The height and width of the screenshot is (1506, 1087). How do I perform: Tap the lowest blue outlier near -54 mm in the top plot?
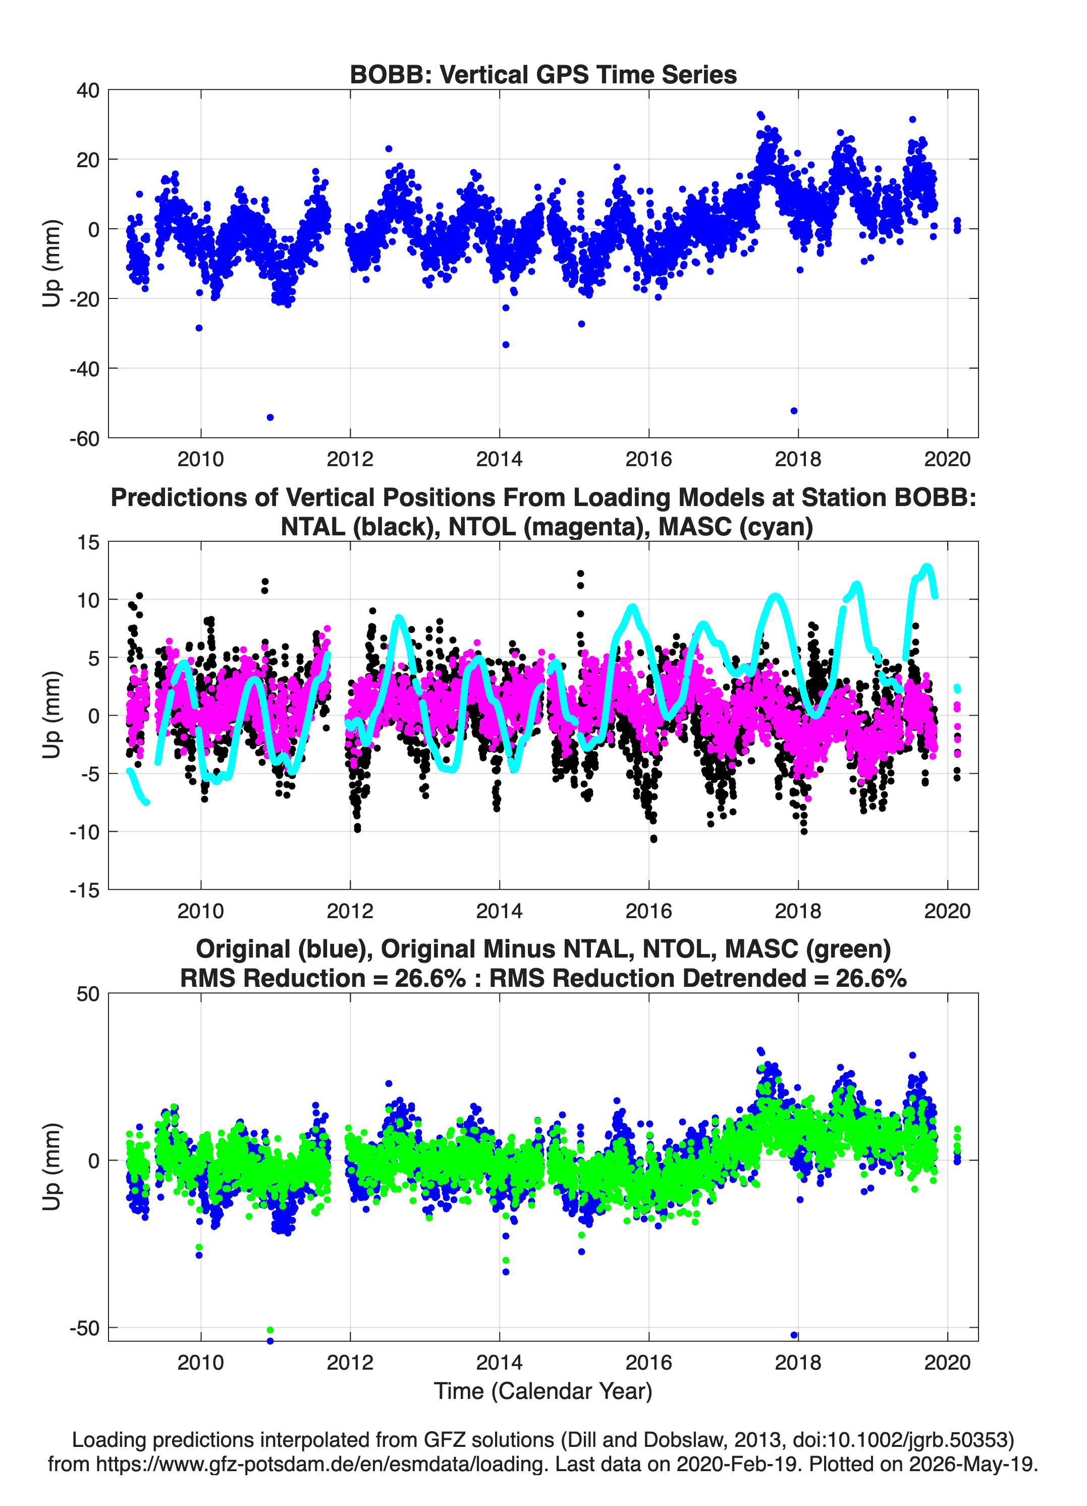[270, 417]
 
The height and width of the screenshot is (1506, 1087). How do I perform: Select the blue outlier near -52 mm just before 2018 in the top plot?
[794, 411]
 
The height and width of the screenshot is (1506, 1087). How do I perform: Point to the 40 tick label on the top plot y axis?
[88, 90]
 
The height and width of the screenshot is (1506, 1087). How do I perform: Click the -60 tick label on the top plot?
[84, 438]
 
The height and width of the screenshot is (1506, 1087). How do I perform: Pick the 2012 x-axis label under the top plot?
[350, 459]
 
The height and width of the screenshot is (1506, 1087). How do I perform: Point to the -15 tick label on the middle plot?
[84, 890]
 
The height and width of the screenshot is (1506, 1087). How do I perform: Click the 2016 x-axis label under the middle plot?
[648, 911]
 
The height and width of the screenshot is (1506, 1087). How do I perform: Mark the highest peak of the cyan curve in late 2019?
[927, 567]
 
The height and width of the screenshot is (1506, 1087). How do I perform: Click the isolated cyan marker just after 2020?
[957, 688]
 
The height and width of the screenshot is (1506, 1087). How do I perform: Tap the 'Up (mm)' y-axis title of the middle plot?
[52, 715]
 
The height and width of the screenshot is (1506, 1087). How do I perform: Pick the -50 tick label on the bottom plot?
[84, 1328]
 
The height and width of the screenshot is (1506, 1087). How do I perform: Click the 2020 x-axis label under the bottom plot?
[947, 1362]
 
